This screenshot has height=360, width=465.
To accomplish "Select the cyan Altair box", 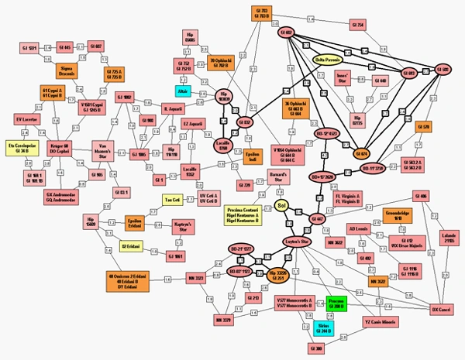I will (183, 90).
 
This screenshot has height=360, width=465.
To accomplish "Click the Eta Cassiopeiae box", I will (22, 149).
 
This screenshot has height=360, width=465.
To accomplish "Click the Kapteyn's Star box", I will (182, 225).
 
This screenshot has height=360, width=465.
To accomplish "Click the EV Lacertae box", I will (26, 120).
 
